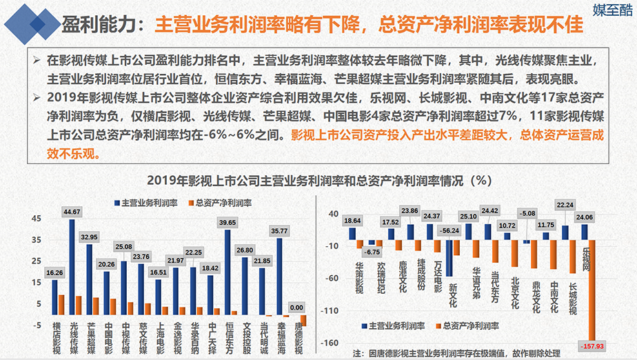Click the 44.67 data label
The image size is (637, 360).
[x=72, y=212]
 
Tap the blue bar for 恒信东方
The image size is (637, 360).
[x=228, y=272]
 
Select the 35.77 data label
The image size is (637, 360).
[x=280, y=231]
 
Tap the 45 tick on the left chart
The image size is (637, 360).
[x=37, y=219]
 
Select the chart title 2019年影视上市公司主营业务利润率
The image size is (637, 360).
[x=318, y=181]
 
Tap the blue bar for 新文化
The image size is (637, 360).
[x=449, y=257]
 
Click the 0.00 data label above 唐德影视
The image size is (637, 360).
[x=296, y=308]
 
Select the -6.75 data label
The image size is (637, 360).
[x=372, y=252]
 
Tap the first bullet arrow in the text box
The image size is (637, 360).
[x=37, y=60]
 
